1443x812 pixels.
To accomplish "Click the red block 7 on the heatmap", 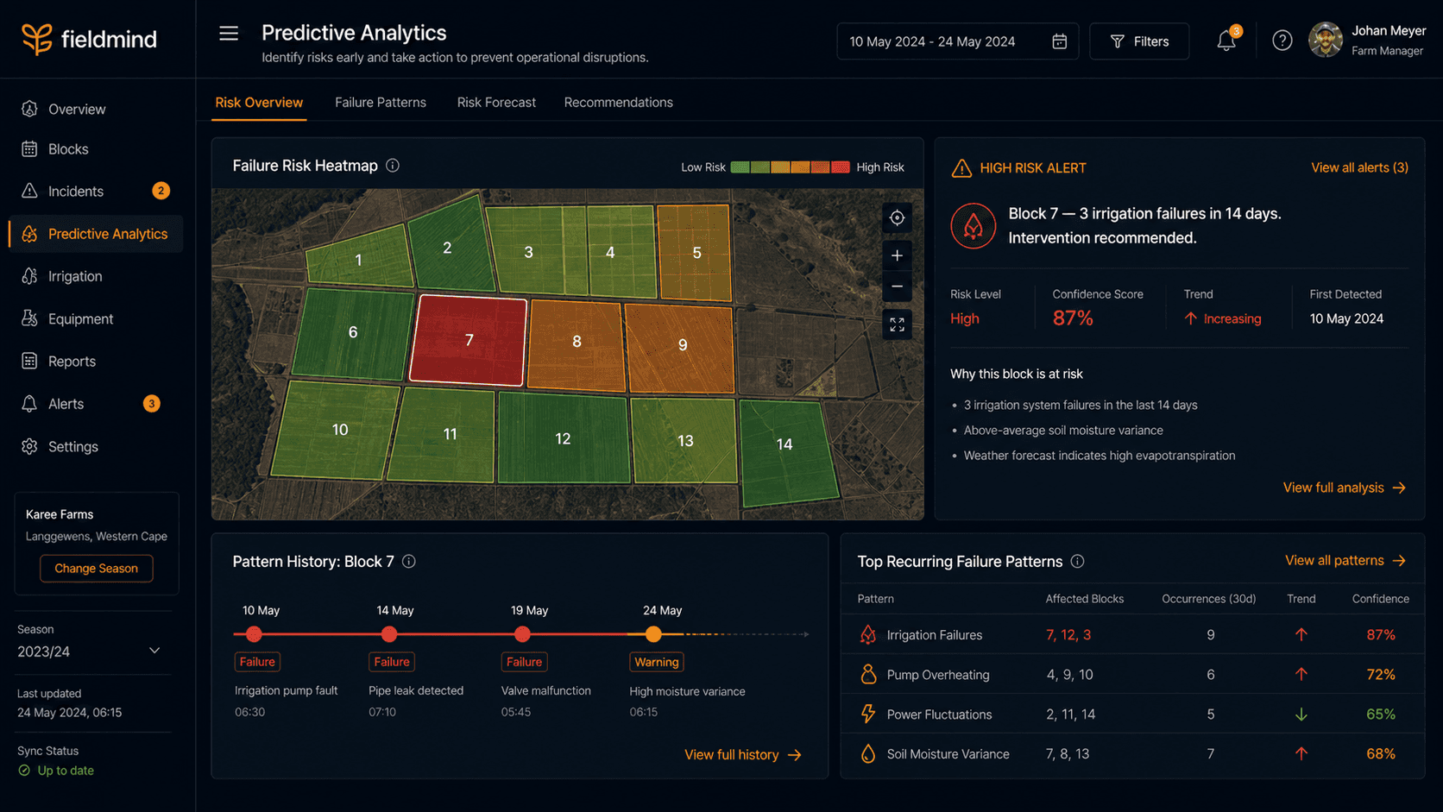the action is point(469,340).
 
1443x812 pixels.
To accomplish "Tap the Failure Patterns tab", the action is point(380,103).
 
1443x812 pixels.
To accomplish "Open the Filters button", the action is point(1139,41).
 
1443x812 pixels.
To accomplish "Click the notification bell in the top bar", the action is point(1226,41).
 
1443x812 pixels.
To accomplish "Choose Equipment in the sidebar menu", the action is point(80,318).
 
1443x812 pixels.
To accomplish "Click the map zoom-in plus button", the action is point(897,255).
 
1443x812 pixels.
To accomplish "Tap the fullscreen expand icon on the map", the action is point(897,324).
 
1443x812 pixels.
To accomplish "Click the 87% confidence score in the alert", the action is point(1073,318).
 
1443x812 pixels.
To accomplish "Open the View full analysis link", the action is point(1345,488).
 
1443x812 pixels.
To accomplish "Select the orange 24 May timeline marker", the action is point(653,634).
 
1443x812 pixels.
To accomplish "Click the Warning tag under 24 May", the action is point(657,662).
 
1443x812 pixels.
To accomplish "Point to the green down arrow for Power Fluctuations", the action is point(1301,714).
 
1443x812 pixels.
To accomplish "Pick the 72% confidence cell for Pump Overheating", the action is point(1381,674).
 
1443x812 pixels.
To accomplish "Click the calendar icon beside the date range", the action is point(1060,41).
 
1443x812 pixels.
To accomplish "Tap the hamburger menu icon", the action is point(229,34).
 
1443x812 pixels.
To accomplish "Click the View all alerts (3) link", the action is point(1359,167).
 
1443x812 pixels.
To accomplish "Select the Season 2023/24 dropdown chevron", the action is point(154,651).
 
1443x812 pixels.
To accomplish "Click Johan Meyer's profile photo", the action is point(1325,40).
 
